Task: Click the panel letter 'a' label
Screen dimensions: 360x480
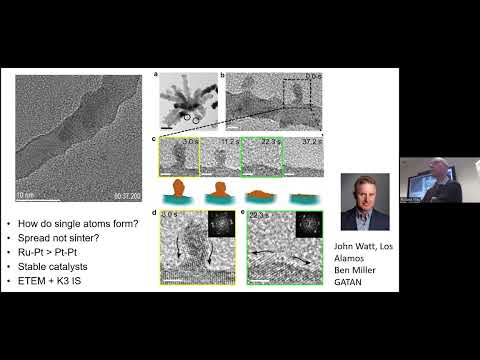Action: pos(155,75)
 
